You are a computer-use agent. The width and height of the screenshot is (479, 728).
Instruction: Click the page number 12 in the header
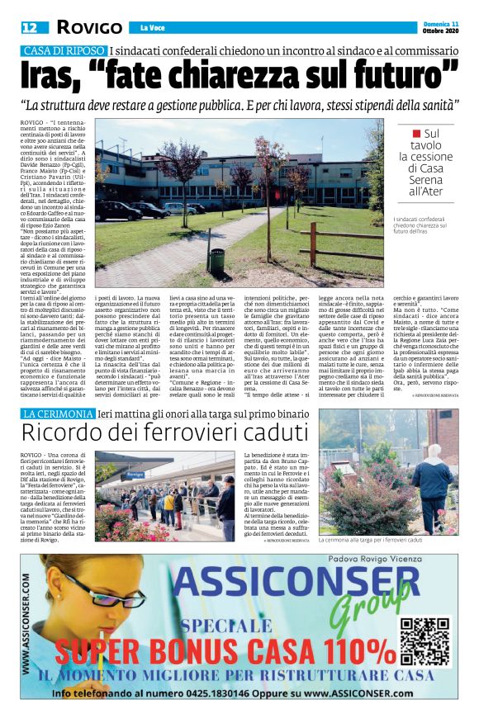tap(31, 28)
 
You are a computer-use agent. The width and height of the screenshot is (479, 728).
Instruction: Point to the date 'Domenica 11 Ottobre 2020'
tap(439, 28)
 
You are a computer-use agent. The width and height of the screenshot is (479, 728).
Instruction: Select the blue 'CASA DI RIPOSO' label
tap(64, 51)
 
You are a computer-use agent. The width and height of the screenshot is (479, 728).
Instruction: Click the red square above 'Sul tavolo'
tap(418, 132)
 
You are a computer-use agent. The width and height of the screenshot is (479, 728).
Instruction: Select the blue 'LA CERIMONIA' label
tap(63, 412)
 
